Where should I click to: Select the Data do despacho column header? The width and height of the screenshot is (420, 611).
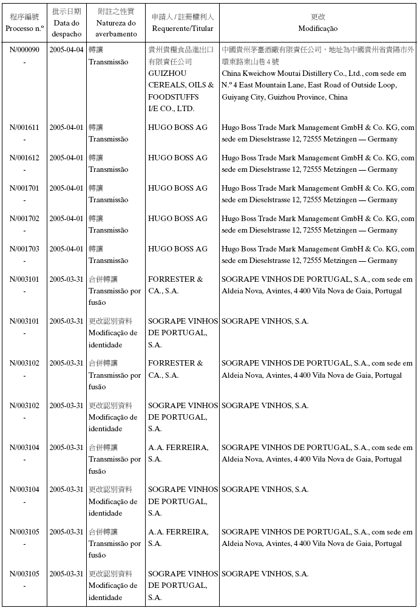tap(66, 22)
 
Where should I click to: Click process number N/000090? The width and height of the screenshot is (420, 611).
tap(24, 50)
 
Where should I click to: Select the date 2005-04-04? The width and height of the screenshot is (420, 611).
tap(66, 50)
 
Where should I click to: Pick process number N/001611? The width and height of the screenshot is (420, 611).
tap(24, 128)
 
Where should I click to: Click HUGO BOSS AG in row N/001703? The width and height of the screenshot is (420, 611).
tap(178, 249)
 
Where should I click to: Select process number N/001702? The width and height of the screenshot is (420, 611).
tap(24, 219)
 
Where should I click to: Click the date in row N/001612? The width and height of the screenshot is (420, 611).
tap(66, 158)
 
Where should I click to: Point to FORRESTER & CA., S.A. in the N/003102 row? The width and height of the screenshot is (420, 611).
tap(175, 369)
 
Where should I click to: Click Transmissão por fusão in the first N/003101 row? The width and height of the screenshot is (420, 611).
tap(115, 291)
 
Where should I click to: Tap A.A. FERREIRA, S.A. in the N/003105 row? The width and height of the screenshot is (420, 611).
tap(178, 538)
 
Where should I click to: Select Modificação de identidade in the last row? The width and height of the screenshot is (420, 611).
tap(113, 585)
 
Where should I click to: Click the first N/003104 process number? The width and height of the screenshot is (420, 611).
tap(24, 448)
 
